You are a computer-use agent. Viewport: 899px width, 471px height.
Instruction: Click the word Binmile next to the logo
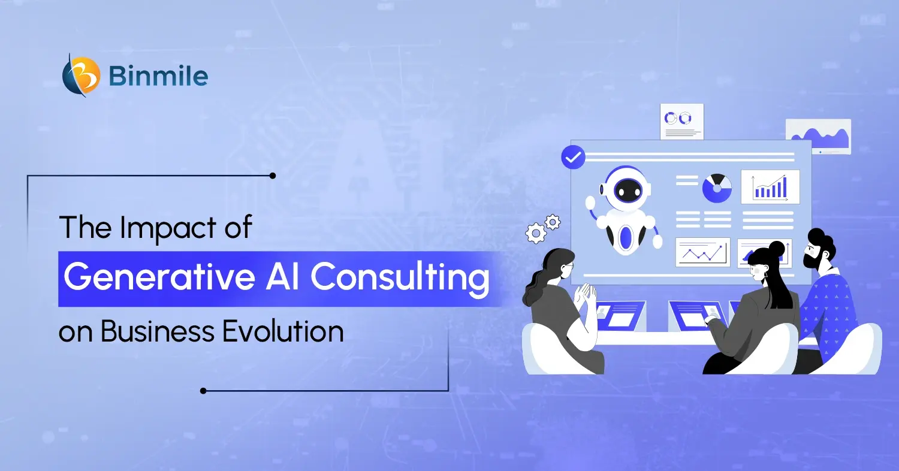[159, 77]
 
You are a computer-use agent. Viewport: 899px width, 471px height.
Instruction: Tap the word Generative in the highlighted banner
[150, 277]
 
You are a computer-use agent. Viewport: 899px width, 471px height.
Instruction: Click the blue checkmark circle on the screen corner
[573, 157]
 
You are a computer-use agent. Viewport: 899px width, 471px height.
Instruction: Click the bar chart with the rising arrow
[770, 187]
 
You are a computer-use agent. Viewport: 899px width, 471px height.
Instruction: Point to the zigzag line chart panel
[703, 252]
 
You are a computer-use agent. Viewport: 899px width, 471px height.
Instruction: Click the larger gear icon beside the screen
[535, 234]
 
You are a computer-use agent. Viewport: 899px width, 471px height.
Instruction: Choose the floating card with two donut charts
[681, 122]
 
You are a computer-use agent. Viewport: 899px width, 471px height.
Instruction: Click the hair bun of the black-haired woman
[776, 247]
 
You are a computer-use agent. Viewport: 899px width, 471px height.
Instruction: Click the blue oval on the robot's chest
[626, 237]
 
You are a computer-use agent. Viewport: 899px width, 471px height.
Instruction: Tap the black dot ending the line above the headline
[273, 176]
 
